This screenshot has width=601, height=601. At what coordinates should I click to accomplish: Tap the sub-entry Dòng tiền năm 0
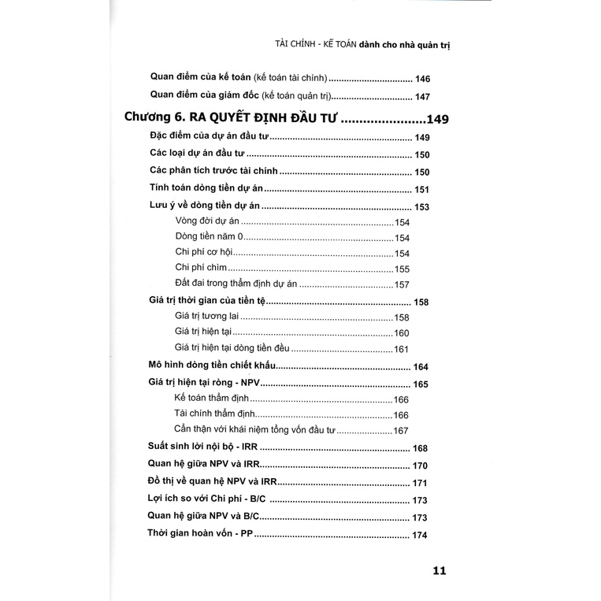[211, 237]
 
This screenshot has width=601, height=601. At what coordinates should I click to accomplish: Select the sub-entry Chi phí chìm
[202, 269]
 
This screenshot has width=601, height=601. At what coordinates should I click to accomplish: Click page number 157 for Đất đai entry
[403, 285]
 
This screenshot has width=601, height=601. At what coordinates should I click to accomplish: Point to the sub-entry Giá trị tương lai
[210, 317]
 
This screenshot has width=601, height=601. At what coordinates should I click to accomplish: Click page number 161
[403, 349]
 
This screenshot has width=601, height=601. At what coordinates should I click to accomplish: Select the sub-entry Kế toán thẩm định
[215, 399]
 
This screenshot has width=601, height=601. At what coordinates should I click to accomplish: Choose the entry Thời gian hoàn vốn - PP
[200, 536]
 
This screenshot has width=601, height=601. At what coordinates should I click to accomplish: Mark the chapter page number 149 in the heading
[435, 120]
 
